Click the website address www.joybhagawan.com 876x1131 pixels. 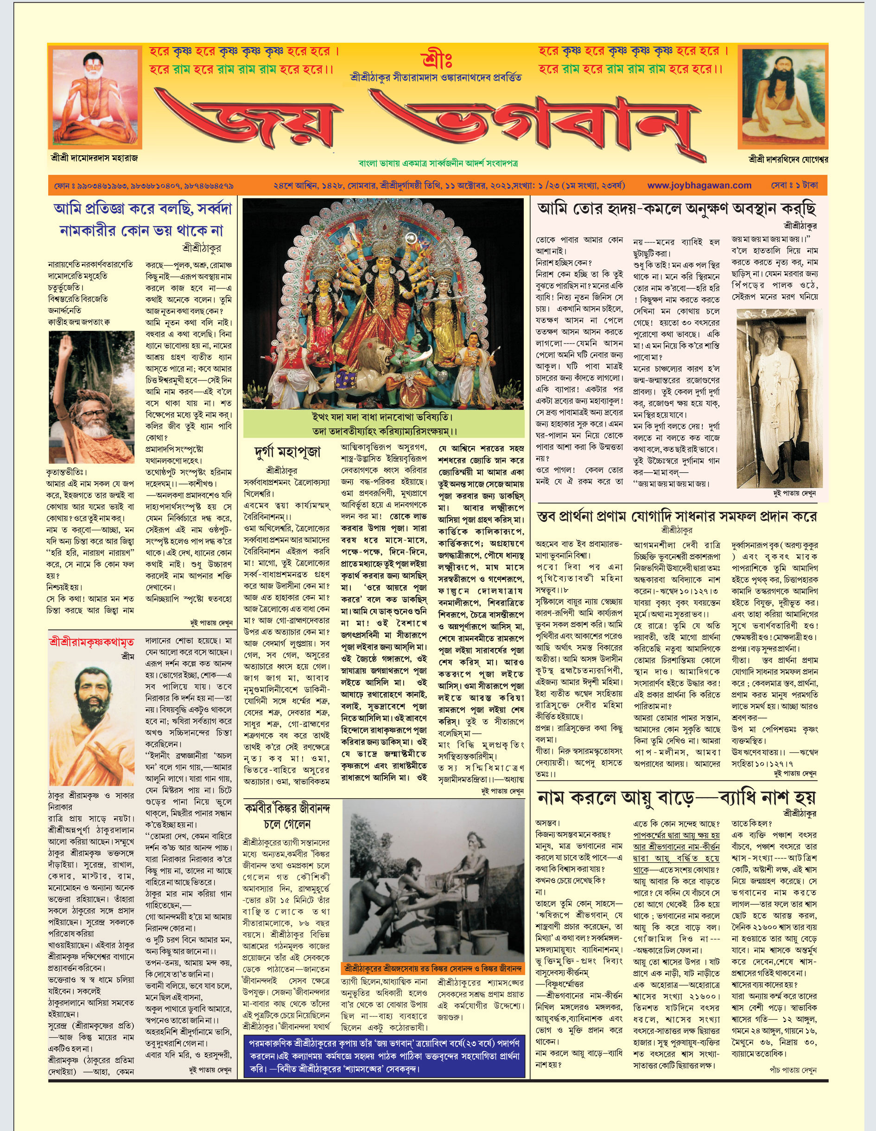pyautogui.click(x=699, y=185)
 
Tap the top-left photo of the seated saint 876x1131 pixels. pyautogui.click(x=94, y=97)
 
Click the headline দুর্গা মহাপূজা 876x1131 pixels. pyautogui.click(x=288, y=452)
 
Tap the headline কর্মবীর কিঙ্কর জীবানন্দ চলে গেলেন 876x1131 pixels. pyautogui.click(x=287, y=816)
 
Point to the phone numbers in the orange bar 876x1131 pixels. pyautogui.click(x=144, y=185)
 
